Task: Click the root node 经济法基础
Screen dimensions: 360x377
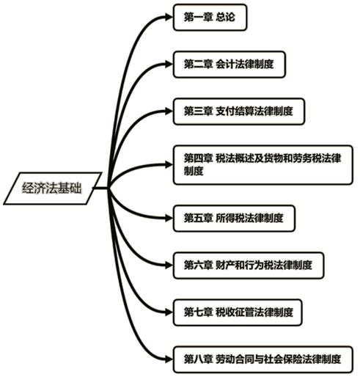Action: [53, 188]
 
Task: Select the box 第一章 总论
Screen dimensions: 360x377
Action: [210, 18]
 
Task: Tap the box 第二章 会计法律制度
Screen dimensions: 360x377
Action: [229, 65]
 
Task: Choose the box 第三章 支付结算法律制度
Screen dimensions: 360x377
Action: [238, 111]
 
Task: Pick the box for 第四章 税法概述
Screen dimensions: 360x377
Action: [262, 165]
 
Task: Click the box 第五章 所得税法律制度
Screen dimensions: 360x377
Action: [234, 219]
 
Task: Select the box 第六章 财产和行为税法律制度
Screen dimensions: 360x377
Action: [249, 266]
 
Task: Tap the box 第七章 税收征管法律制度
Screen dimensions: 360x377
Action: [238, 312]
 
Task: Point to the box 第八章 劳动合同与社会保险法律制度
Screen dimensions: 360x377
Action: [262, 359]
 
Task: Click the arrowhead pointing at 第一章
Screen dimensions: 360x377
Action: [169, 18]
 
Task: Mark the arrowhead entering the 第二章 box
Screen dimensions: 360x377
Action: [169, 65]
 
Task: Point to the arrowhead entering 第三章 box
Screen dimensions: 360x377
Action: [169, 111]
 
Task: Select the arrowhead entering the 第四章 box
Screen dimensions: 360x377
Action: [169, 165]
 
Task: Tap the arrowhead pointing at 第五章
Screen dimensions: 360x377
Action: [169, 219]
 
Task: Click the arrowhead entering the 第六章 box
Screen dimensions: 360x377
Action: [169, 266]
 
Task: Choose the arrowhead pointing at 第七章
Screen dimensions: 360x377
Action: [169, 312]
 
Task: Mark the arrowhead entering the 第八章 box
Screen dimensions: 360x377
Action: [169, 359]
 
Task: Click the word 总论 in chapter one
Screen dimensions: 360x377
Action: [225, 18]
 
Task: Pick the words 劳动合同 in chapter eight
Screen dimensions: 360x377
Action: [235, 359]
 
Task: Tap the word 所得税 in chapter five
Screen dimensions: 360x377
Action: [230, 219]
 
